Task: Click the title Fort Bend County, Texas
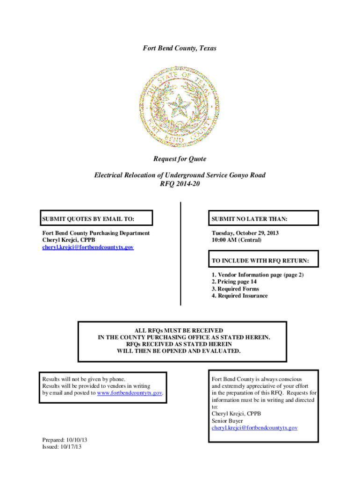pyautogui.click(x=180, y=48)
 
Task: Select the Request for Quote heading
pyautogui.click(x=180, y=159)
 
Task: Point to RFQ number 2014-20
pyautogui.click(x=180, y=183)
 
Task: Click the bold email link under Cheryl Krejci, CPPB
pyautogui.click(x=88, y=247)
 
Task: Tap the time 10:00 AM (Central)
pyautogui.click(x=237, y=240)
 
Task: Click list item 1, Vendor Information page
pyautogui.click(x=258, y=275)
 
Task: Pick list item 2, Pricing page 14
pyautogui.click(x=234, y=282)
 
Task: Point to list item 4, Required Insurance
pyautogui.click(x=239, y=296)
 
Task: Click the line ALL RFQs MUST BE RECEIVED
pyautogui.click(x=182, y=331)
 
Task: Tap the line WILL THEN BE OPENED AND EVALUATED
pyautogui.click(x=182, y=350)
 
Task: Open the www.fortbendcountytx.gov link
pyautogui.click(x=130, y=393)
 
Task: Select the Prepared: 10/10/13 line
pyautogui.click(x=65, y=440)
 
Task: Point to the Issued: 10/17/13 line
pyautogui.click(x=62, y=447)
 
